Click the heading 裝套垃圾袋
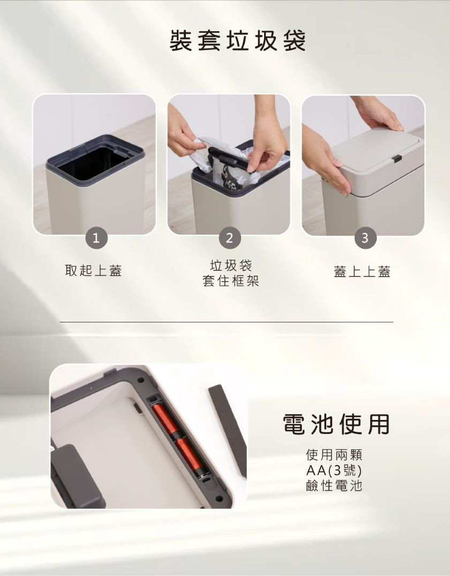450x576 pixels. [237, 40]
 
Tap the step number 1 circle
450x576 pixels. [96, 238]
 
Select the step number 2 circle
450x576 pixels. [230, 238]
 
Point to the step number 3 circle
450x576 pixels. [364, 238]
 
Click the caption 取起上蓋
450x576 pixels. [93, 271]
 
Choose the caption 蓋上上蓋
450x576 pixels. [362, 271]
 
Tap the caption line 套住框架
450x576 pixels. [231, 281]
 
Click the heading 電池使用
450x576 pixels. [336, 424]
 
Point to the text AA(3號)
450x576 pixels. [334, 470]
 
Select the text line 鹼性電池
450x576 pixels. [334, 486]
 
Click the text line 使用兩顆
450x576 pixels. [334, 455]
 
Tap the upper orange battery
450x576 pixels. [165, 420]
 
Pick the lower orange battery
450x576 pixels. [189, 456]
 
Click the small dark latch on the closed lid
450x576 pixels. [396, 159]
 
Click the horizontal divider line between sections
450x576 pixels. [227, 322]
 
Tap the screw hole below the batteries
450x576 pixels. [219, 498]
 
